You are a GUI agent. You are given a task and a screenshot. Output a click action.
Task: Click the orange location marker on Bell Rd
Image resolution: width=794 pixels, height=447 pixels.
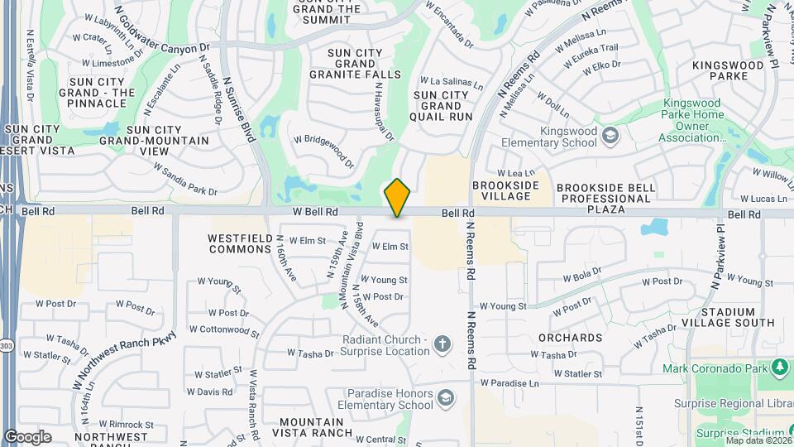398,197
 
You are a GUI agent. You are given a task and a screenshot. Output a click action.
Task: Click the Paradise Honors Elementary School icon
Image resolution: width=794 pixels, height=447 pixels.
446,399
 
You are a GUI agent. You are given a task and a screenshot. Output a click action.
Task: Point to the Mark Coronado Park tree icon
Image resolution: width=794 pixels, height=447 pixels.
780,367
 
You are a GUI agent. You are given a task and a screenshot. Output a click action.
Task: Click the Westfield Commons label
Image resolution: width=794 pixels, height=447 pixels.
241,243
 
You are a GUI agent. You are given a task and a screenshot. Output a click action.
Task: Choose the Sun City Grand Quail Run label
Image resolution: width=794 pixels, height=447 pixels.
442,106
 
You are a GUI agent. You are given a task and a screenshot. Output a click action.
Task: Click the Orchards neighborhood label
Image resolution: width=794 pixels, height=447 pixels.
570,338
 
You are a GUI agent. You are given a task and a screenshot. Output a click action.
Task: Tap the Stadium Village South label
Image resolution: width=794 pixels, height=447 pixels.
738,317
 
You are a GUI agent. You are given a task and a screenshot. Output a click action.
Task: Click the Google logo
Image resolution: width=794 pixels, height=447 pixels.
27,436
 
